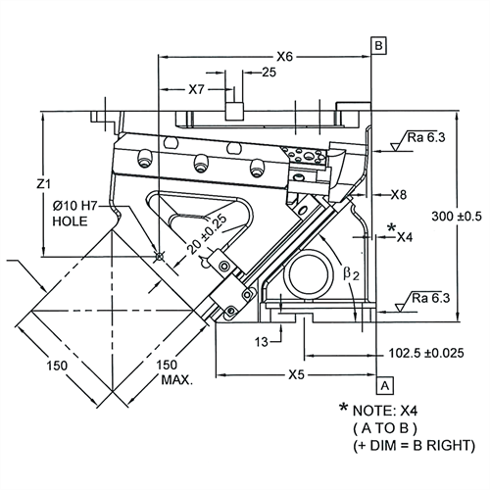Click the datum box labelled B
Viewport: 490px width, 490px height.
378,45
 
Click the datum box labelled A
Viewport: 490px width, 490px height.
385,386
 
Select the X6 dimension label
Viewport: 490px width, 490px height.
285,57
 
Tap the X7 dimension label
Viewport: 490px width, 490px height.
196,89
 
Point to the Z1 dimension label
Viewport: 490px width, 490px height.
43,184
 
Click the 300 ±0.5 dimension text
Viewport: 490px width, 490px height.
457,217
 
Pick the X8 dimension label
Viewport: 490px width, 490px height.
399,195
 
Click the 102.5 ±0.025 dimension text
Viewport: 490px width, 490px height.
426,353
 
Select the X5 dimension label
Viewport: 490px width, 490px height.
296,374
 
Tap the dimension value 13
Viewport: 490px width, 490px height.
262,342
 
